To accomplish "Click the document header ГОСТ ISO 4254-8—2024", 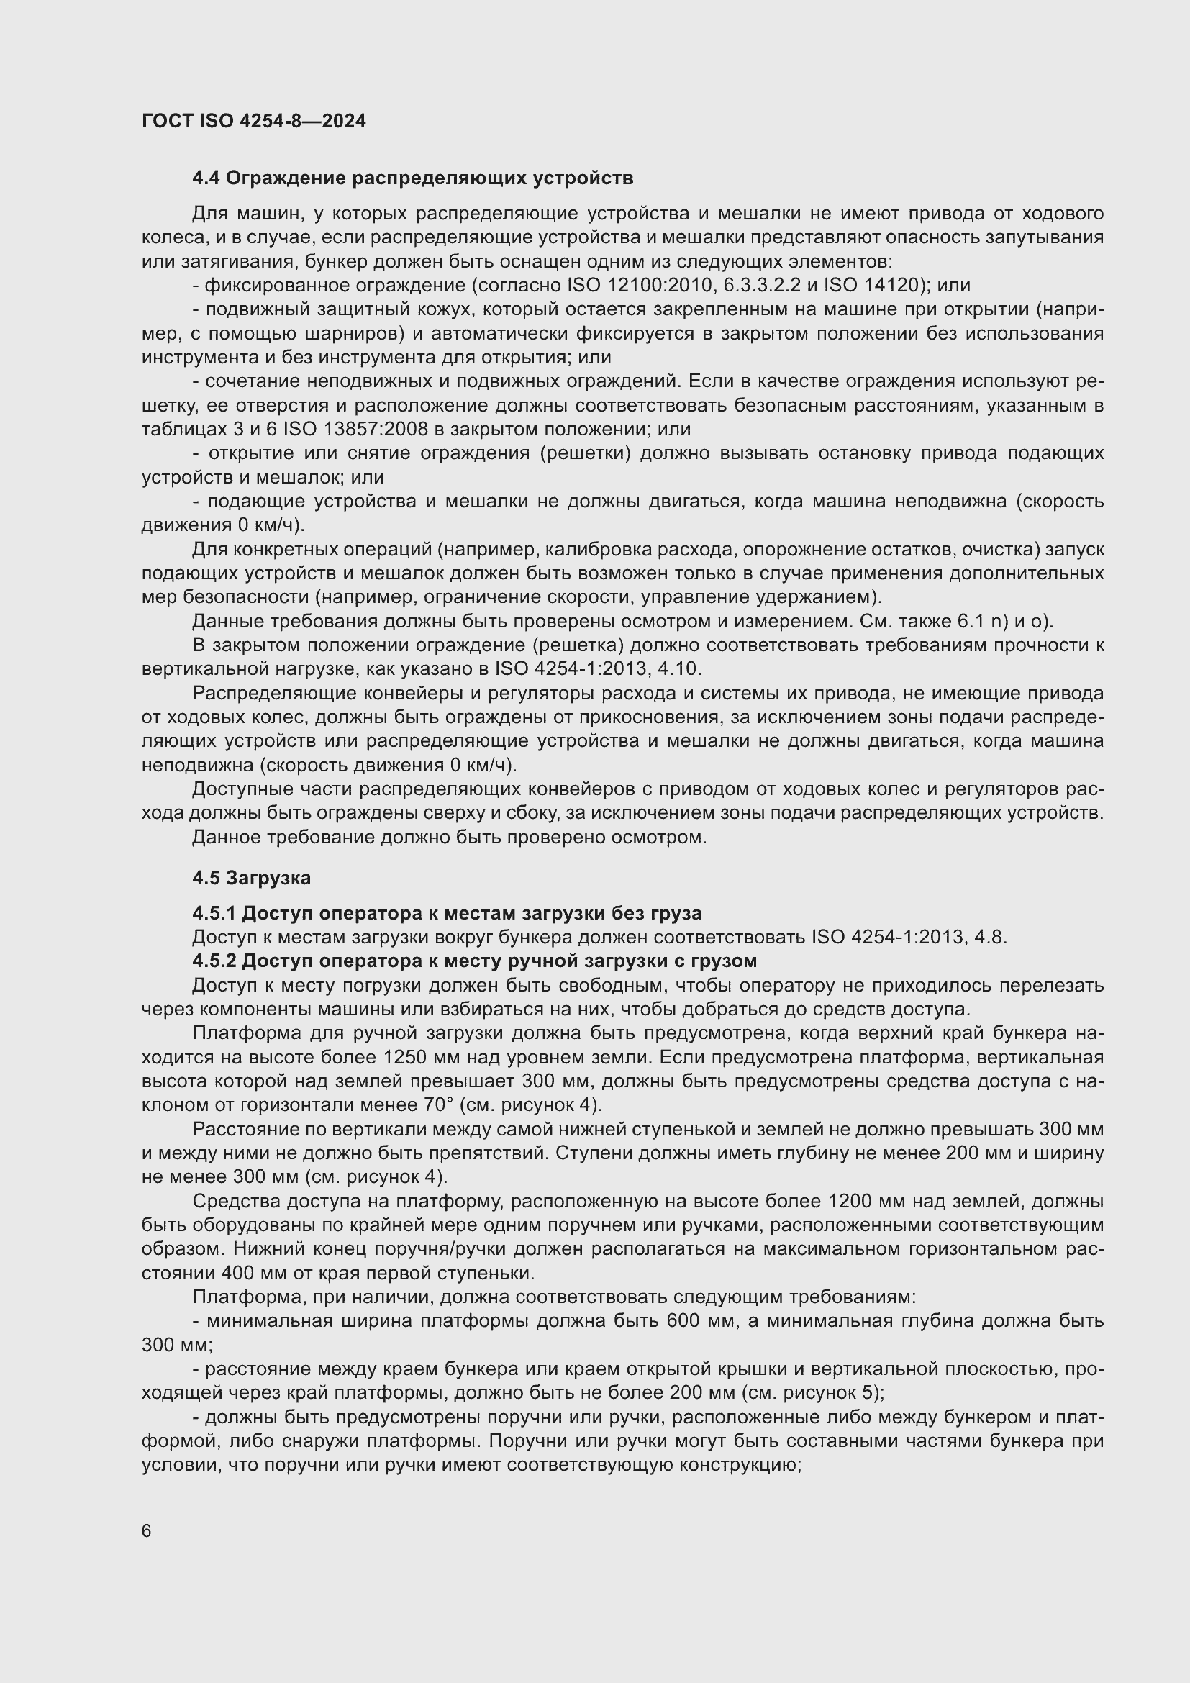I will [x=253, y=121].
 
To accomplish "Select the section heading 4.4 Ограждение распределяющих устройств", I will [x=412, y=178].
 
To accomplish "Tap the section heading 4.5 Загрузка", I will [x=251, y=877].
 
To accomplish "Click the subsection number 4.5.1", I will [x=214, y=913].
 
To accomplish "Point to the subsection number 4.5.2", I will [x=214, y=961].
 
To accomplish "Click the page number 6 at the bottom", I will [x=147, y=1531].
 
